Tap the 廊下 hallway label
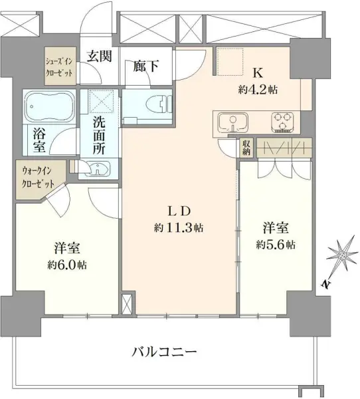tap(145, 66)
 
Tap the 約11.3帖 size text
tap(179, 228)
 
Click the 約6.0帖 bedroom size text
tap(67, 264)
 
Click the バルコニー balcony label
tap(165, 350)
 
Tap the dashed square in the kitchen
tap(232, 61)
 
